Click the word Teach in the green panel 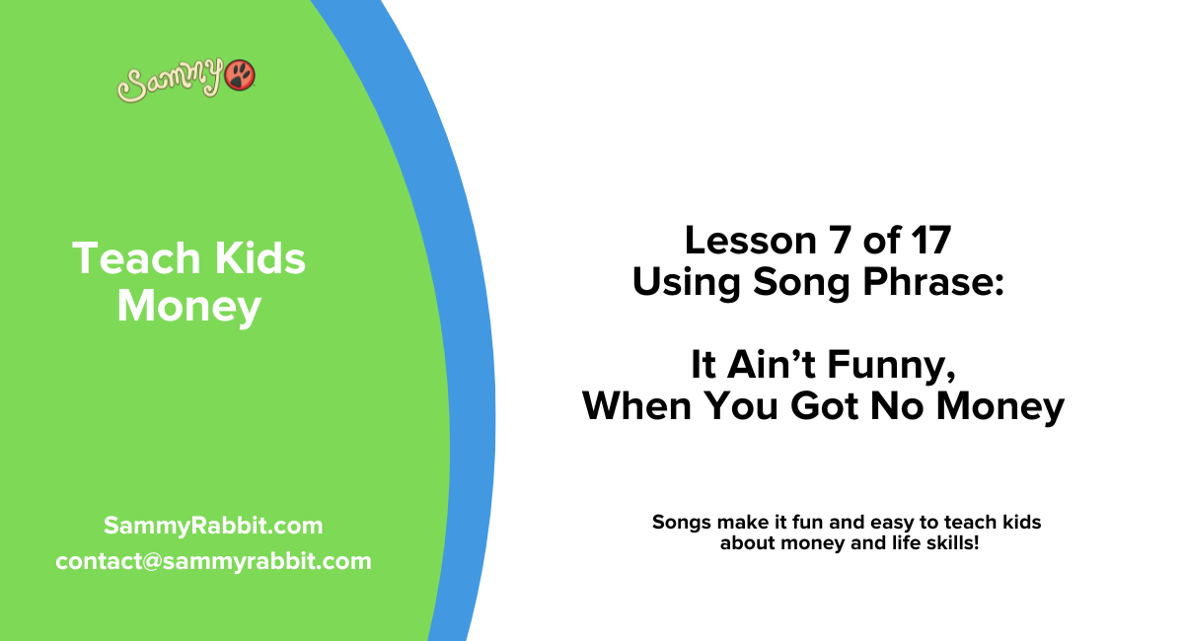(x=123, y=258)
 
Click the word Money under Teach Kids (x=188, y=307)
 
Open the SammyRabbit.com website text (x=212, y=526)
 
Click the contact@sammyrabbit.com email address (x=213, y=561)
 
